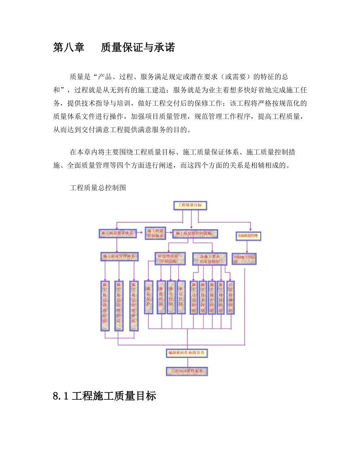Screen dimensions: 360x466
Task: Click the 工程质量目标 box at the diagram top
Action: [x=190, y=206]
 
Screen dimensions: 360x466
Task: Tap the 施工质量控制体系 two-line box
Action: [x=155, y=233]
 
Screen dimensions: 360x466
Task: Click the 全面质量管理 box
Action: [x=248, y=236]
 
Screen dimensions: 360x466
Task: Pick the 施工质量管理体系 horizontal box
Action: [x=119, y=257]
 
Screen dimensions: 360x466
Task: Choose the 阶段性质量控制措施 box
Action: [x=171, y=258]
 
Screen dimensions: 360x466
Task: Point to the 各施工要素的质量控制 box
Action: [x=210, y=258]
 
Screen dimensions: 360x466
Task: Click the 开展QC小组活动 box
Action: [x=244, y=258]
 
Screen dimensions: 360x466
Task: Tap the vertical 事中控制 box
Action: [x=171, y=297]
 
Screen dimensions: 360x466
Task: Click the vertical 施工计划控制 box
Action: [x=194, y=297]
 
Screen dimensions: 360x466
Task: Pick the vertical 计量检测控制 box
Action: [x=230, y=297]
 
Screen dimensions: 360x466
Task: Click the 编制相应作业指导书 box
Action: [x=187, y=353]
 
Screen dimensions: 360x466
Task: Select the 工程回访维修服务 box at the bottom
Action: [x=187, y=371]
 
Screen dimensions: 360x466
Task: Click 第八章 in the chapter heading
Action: [x=69, y=48]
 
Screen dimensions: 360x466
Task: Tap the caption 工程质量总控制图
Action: [x=98, y=188]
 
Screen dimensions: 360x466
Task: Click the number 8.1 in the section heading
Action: [x=61, y=396]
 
